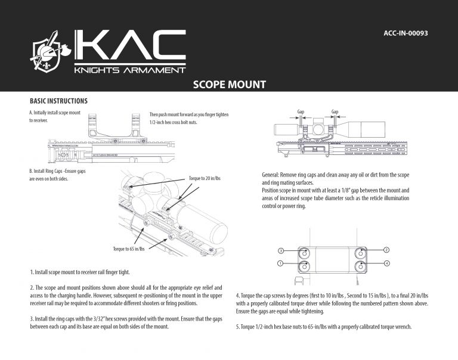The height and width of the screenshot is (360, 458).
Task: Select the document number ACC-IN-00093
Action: point(406,33)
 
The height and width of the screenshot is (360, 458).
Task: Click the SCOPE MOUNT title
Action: point(229,85)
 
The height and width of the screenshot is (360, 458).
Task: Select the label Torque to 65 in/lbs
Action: point(129,249)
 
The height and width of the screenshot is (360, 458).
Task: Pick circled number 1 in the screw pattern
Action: point(280,263)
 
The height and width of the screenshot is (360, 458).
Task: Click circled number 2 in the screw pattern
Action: point(386,249)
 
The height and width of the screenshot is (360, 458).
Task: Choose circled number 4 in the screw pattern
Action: point(386,263)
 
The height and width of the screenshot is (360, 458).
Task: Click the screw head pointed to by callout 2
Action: point(361,252)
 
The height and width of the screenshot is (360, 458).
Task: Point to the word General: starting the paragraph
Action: point(273,175)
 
